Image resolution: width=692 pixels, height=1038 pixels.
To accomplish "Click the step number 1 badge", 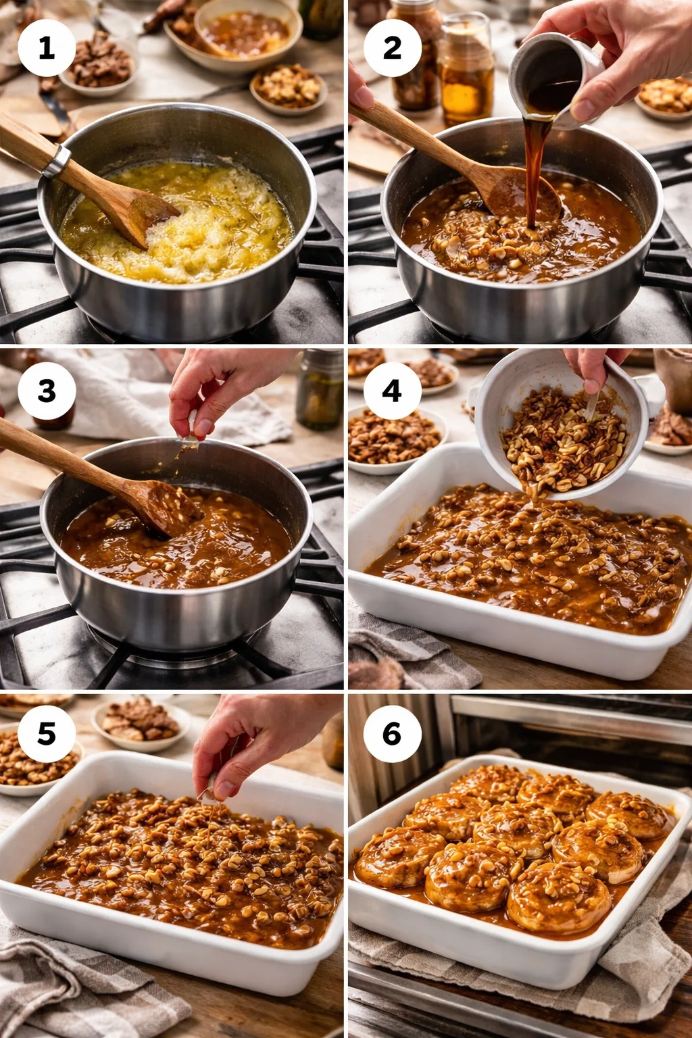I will click(46, 48).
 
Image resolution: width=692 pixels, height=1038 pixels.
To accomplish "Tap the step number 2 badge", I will click(392, 48).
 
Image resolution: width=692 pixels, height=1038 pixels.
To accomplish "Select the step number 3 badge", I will click(46, 391).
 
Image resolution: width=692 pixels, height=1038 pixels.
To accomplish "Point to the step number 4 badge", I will click(392, 391).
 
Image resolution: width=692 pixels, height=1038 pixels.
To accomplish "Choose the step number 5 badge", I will click(46, 734).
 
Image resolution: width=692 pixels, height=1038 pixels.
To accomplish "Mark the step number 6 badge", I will click(392, 734).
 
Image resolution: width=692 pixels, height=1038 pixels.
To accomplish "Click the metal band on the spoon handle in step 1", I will click(56, 161).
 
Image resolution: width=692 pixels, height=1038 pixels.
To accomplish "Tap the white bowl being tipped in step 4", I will click(561, 426).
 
